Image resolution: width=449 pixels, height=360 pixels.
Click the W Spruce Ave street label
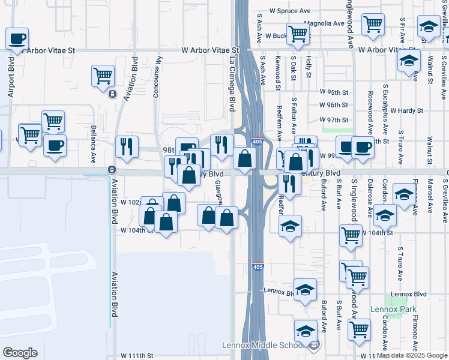tap(290, 11)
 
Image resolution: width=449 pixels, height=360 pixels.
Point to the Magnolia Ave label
tap(324, 23)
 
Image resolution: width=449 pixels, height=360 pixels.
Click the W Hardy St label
tap(406, 110)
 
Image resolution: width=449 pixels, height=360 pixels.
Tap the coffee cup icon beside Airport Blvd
tap(17, 39)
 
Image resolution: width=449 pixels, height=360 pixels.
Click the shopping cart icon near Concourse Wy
tap(103, 76)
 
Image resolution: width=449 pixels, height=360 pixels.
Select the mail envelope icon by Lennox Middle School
tap(314, 344)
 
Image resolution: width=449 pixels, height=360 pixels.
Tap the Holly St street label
tap(308, 67)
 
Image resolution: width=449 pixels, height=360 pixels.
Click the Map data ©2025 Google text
tap(412, 355)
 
